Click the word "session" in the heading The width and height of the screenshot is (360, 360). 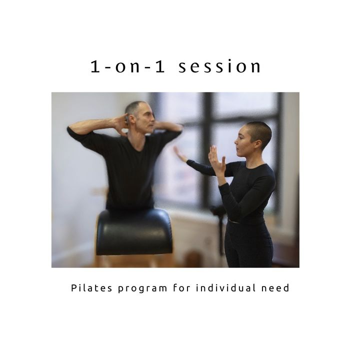pyautogui.click(x=219, y=66)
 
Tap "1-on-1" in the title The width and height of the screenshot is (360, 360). pyautogui.click(x=127, y=66)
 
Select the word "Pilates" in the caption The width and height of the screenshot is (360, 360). pyautogui.click(x=91, y=287)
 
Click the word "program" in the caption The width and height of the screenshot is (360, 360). pyautogui.click(x=142, y=289)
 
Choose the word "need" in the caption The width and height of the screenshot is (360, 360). pyautogui.click(x=275, y=287)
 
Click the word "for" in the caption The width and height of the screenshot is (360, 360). pyautogui.click(x=182, y=287)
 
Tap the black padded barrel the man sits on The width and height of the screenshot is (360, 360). pyautogui.click(x=134, y=232)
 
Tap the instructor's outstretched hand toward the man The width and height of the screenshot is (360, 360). pyautogui.click(x=180, y=154)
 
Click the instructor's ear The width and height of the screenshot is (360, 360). pyautogui.click(x=258, y=144)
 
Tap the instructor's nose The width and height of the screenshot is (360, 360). pyautogui.click(x=235, y=142)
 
